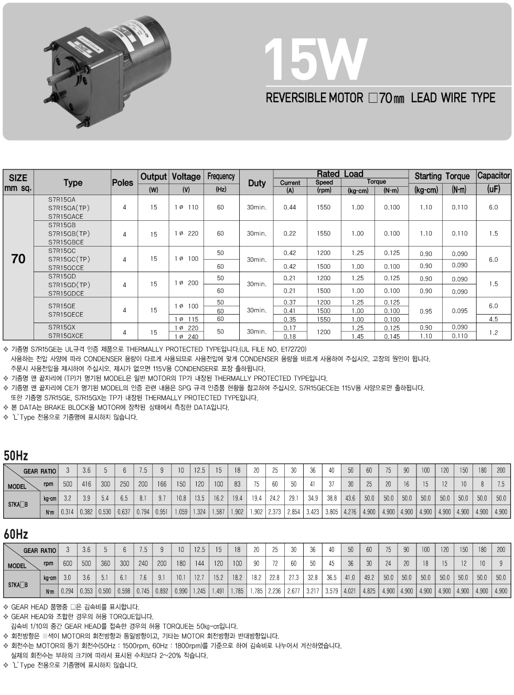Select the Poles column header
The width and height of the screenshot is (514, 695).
click(122, 183)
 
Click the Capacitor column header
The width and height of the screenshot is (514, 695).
click(493, 176)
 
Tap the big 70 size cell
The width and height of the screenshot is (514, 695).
click(18, 259)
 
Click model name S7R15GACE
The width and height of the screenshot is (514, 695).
click(66, 216)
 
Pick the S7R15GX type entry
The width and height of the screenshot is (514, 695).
click(62, 327)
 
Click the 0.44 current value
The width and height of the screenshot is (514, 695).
click(290, 207)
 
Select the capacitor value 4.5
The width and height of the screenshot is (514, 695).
click(493, 319)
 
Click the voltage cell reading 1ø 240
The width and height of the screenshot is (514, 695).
click(186, 337)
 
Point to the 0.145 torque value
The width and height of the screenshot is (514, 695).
click(391, 337)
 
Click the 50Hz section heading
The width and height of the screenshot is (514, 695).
click(16, 455)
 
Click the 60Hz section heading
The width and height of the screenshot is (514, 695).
click(16, 534)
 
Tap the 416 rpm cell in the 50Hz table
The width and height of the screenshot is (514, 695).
click(86, 484)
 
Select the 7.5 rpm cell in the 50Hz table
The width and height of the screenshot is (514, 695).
click(500, 484)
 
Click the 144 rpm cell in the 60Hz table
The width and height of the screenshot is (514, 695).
click(199, 563)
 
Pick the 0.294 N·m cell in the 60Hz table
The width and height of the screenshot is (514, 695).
click(67, 591)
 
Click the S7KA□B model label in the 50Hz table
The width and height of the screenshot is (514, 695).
click(18, 505)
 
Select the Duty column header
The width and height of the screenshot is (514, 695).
click(256, 183)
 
